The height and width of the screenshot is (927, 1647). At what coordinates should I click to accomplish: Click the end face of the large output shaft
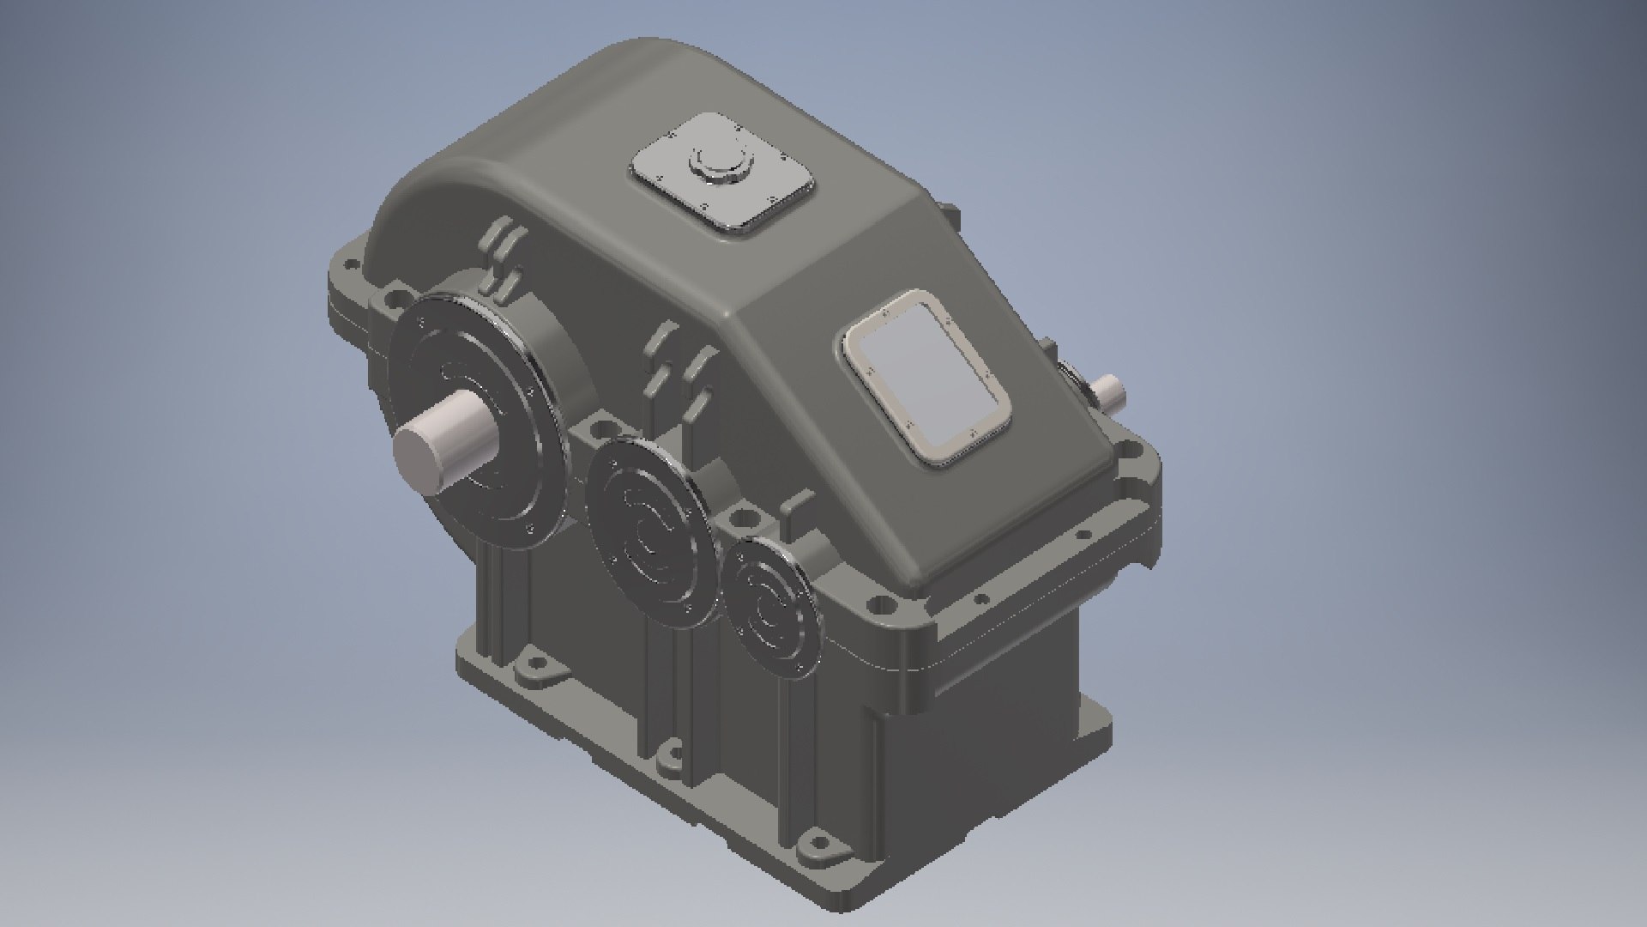point(418,456)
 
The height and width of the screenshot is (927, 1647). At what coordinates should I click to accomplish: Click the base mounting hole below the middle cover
point(669,759)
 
